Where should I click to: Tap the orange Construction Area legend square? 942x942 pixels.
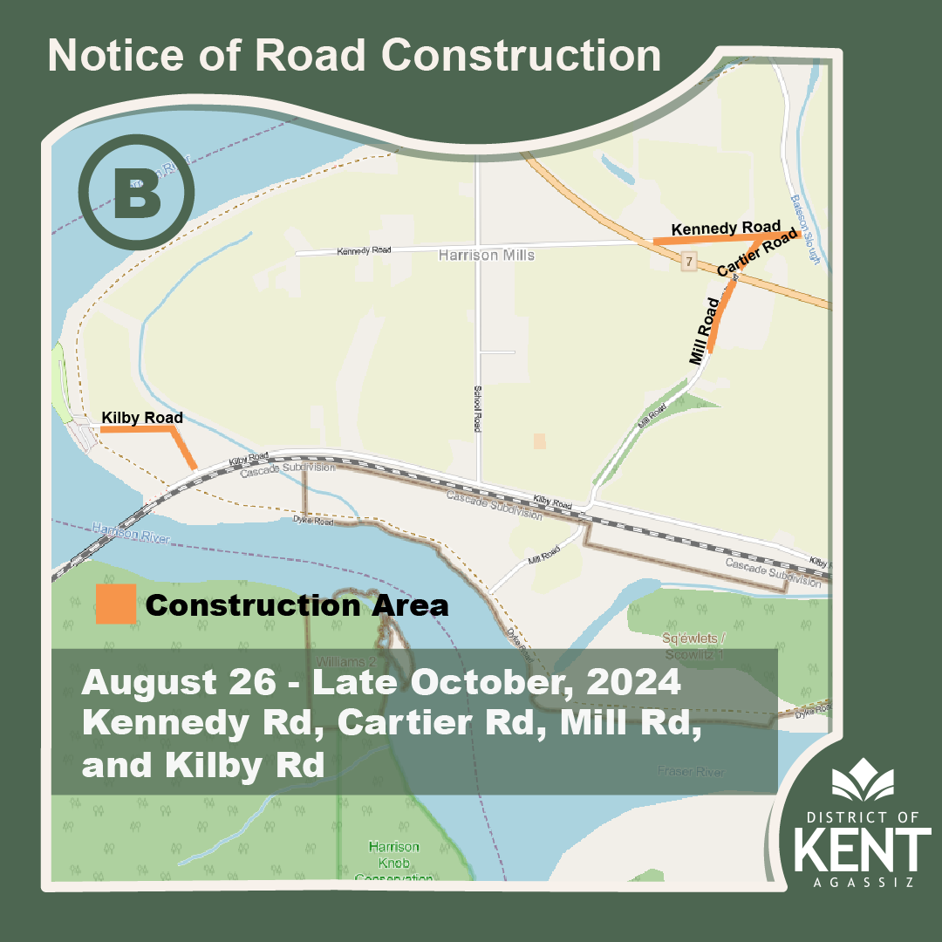115,604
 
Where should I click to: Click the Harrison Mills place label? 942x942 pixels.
486,256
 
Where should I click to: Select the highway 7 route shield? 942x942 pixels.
688,261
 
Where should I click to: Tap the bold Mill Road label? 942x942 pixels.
704,331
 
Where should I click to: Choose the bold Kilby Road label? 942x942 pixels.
142,418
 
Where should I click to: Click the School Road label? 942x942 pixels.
477,409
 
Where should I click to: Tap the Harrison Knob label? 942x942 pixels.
393,854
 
